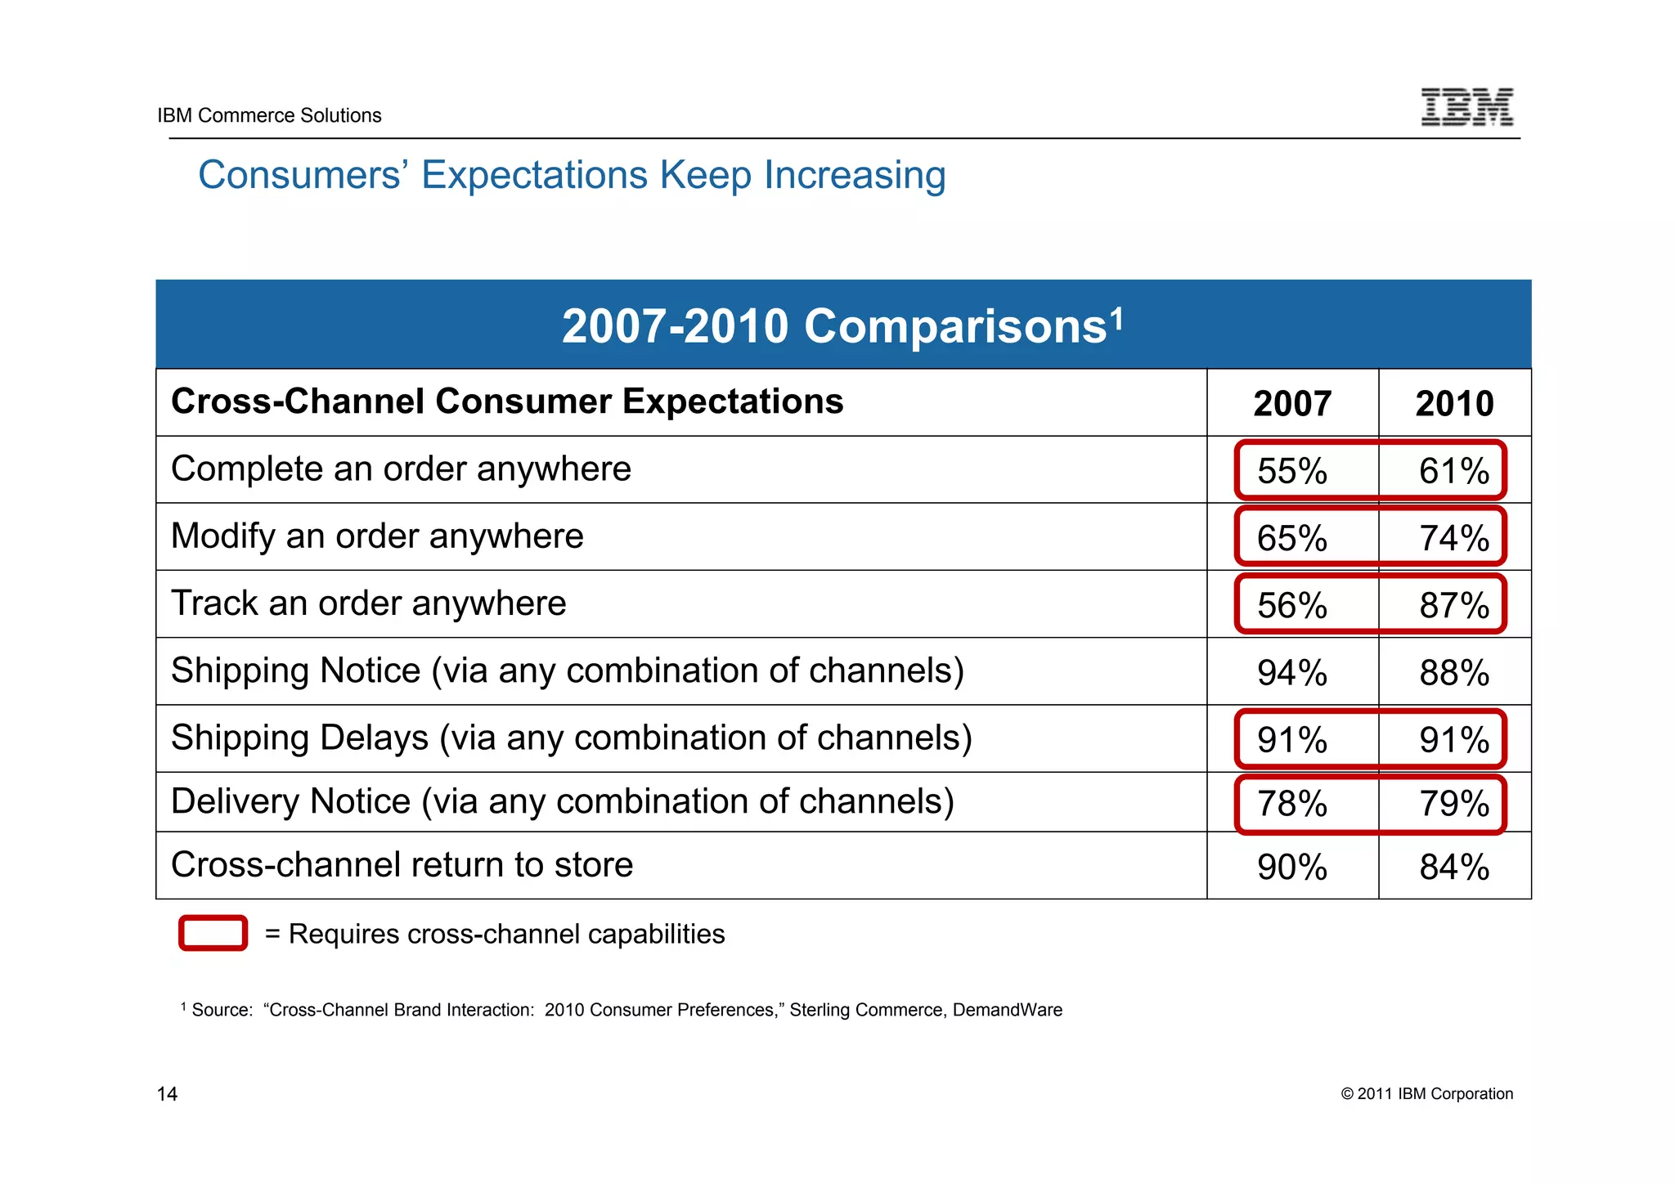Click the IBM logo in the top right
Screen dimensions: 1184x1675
[1466, 107]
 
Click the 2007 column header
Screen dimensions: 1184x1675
[1292, 404]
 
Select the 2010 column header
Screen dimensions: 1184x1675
[1454, 404]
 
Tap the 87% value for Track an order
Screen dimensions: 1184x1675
[1454, 606]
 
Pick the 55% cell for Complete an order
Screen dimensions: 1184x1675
[1292, 471]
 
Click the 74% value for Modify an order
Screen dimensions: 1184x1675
[1454, 538]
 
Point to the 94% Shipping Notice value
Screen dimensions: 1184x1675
[1292, 673]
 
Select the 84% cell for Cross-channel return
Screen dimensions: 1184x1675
[1454, 868]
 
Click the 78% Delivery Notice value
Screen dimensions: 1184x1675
[1292, 804]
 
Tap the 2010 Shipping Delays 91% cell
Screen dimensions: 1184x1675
[1454, 740]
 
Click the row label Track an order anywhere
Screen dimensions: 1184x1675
[368, 603]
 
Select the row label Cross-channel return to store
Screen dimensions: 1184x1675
[402, 865]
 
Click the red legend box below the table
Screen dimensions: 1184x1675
[213, 933]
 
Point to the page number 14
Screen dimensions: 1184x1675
[167, 1094]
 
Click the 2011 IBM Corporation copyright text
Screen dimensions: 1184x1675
[1427, 1094]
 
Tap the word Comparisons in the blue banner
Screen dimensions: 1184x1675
[954, 326]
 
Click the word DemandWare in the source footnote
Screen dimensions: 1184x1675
[1007, 1010]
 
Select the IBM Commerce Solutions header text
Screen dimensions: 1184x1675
[269, 115]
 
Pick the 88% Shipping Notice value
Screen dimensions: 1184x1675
[1454, 673]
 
